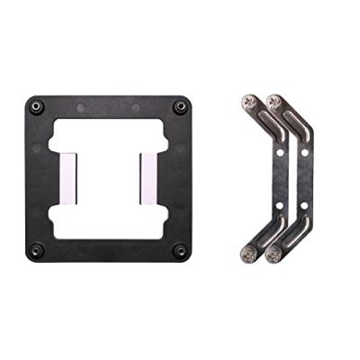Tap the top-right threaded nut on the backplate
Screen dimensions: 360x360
(x=180, y=106)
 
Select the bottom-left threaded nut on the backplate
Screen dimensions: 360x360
(x=37, y=249)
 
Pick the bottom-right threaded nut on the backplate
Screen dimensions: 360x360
(x=180, y=249)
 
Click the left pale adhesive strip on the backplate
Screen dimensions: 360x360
(x=69, y=177)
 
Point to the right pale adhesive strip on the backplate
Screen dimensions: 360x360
(x=148, y=177)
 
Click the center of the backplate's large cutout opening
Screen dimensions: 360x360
(x=109, y=177)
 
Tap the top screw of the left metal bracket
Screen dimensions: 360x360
(x=249, y=102)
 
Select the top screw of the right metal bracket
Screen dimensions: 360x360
(x=274, y=102)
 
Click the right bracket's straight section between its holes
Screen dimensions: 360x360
(x=305, y=177)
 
